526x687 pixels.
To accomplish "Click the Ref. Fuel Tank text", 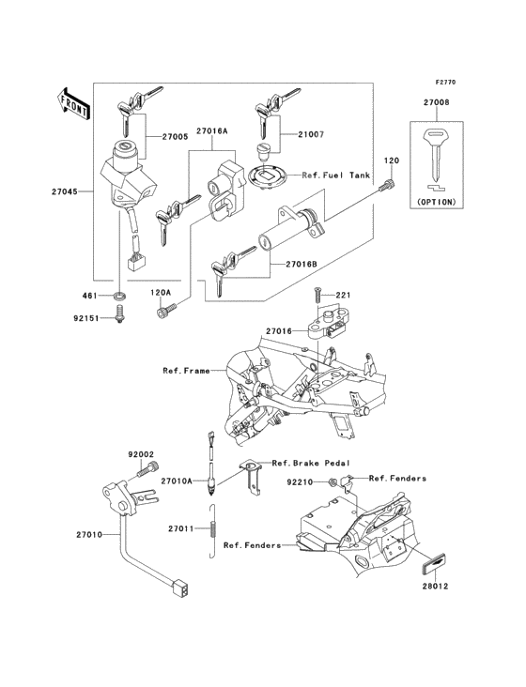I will [x=335, y=176].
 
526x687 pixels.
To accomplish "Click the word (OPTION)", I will [x=434, y=202].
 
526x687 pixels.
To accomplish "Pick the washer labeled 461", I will [x=121, y=298].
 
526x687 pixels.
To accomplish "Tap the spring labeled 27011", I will [x=215, y=528].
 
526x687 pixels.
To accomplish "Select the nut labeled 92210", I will [x=335, y=482].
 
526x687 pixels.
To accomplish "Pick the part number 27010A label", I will [x=176, y=481].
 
